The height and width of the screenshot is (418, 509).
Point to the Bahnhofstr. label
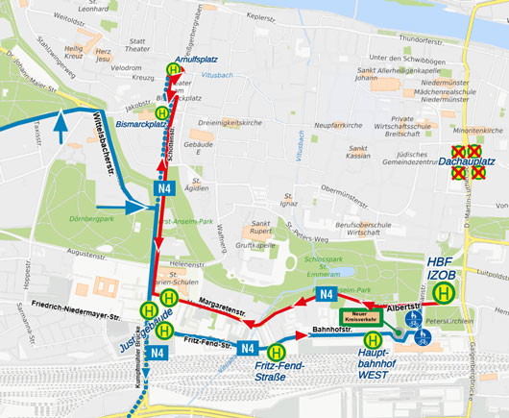point(333,331)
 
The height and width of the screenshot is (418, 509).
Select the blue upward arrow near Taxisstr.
point(61,126)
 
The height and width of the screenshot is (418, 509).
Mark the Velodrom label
point(127,69)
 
